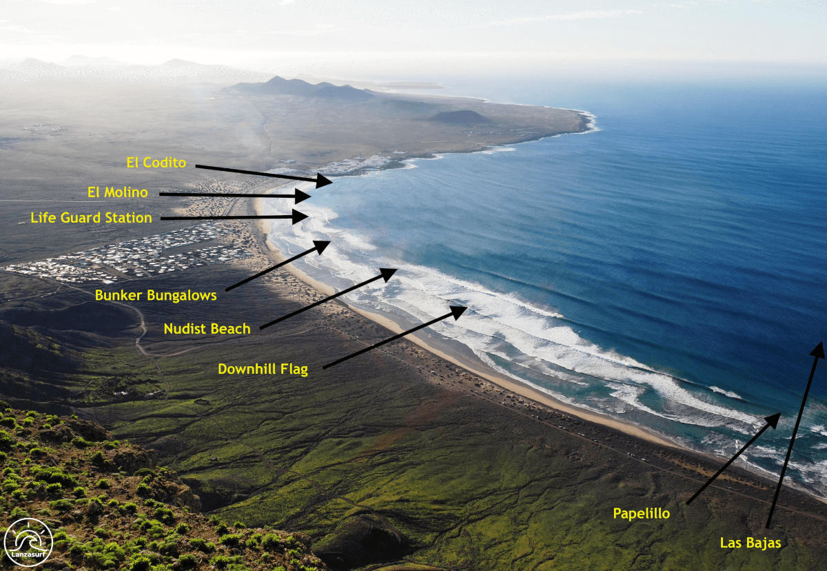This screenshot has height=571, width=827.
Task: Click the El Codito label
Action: click(x=156, y=163)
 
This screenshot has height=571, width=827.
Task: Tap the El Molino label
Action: click(x=118, y=192)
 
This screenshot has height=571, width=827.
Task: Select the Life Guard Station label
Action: click(x=91, y=218)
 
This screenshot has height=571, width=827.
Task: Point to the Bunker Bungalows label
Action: click(x=156, y=295)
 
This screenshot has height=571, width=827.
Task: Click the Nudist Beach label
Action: click(x=207, y=329)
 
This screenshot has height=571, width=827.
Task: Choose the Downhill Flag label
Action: click(x=263, y=369)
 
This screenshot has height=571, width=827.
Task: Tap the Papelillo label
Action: click(x=641, y=513)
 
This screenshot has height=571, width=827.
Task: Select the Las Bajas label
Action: click(x=751, y=543)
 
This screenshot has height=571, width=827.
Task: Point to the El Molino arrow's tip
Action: click(x=305, y=196)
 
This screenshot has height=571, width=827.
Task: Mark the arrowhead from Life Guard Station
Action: click(x=302, y=217)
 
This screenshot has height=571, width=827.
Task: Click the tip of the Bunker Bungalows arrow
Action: click(x=324, y=246)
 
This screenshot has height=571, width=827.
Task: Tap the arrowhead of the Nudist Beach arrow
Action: click(x=391, y=273)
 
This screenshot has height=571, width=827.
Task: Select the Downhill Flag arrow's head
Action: click(x=460, y=311)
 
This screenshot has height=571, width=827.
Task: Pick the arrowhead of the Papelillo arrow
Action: click(x=774, y=419)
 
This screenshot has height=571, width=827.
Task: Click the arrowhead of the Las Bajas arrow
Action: click(x=818, y=349)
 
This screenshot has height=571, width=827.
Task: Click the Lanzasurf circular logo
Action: click(x=28, y=542)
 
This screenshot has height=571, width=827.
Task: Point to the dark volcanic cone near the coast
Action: click(x=460, y=117)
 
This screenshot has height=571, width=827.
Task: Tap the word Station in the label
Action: click(x=128, y=218)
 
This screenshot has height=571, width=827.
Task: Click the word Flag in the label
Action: click(x=294, y=369)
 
